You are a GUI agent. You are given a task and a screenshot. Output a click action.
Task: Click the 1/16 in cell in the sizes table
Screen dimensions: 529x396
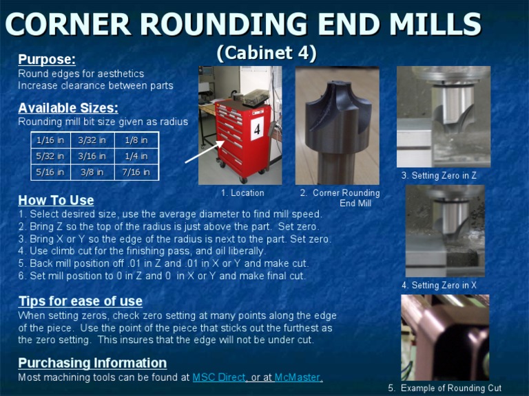coord(50,140)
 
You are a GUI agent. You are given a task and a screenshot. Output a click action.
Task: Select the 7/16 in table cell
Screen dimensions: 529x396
coord(136,172)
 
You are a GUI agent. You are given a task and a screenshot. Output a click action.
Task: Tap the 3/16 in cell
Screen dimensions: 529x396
coord(92,156)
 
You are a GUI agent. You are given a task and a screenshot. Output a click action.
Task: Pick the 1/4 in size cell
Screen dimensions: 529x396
coord(136,156)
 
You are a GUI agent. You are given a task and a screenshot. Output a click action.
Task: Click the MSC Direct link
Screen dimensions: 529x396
coord(218,377)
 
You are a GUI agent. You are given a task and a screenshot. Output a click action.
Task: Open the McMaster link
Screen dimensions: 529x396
coord(298,377)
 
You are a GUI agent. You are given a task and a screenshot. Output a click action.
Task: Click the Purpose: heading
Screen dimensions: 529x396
coord(47,59)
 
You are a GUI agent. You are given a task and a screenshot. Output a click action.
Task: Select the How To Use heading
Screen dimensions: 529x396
coord(56,200)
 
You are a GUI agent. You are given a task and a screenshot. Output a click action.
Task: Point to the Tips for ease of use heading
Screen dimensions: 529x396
coord(81,301)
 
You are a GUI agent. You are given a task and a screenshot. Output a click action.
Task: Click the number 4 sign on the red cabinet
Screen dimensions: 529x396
coord(257,129)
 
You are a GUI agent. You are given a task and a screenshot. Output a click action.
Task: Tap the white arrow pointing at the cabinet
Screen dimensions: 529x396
coord(205,152)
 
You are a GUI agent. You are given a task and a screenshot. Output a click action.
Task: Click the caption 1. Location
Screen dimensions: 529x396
coord(242,193)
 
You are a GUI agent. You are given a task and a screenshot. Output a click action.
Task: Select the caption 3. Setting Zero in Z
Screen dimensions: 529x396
coord(439,175)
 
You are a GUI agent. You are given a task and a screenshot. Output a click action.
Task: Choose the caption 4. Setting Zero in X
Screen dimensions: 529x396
coord(439,285)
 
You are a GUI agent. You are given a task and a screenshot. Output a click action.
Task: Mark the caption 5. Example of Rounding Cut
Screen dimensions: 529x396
coord(445,388)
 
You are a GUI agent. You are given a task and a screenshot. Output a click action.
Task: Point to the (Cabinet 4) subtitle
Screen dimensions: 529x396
coord(267,53)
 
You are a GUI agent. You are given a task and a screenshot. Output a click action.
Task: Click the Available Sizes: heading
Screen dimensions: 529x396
coord(68,108)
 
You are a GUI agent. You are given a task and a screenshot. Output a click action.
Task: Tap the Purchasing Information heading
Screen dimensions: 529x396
coord(92,363)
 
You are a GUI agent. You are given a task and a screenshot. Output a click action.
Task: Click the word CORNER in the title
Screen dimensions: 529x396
coord(68,24)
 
